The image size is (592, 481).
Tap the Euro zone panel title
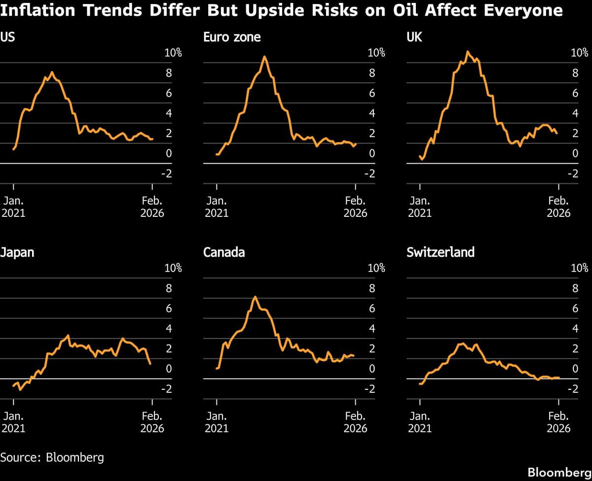point(232,37)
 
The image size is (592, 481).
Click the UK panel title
point(414,37)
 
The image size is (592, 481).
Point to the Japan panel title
point(17,252)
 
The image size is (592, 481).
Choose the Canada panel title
point(224,252)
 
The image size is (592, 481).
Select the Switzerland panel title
point(441,252)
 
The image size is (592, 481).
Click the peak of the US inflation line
point(52,72)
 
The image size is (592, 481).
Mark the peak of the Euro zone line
point(264,56)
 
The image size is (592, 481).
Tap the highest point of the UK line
point(467,51)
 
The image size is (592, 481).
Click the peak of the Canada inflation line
point(255,297)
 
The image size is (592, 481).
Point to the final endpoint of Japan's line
point(150,364)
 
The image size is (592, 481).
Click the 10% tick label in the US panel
point(173,53)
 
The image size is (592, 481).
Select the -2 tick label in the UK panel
point(572,173)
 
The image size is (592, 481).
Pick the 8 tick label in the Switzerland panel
point(575,289)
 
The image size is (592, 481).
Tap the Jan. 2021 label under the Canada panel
point(217,422)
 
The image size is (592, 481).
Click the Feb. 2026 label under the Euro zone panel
point(355,206)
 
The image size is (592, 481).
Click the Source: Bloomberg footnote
point(52,457)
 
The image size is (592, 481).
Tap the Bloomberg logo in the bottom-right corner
point(559,472)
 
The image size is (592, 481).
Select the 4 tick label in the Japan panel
point(169,329)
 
